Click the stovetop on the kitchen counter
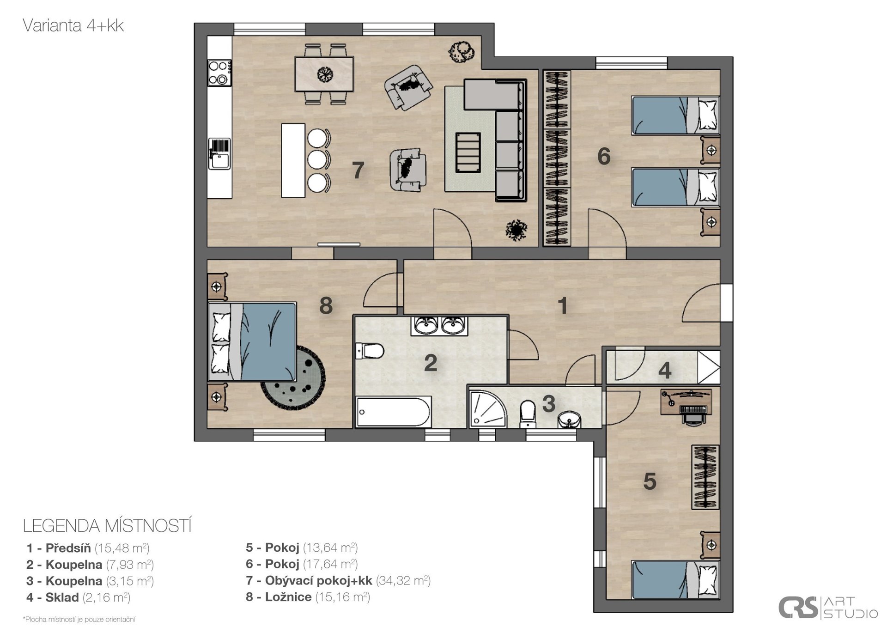pyautogui.click(x=219, y=73)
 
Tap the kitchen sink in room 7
pyautogui.click(x=219, y=154)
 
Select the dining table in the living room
pyautogui.click(x=324, y=74)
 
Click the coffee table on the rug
pyautogui.click(x=468, y=152)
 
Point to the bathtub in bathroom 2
pyautogui.click(x=394, y=411)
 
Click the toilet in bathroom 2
pyautogui.click(x=370, y=351)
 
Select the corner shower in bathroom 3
pyautogui.click(x=488, y=408)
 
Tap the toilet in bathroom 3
pyautogui.click(x=527, y=414)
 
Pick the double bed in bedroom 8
pyautogui.click(x=252, y=341)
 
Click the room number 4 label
pyautogui.click(x=665, y=370)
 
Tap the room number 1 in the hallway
pyautogui.click(x=562, y=305)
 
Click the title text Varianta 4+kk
pyautogui.click(x=73, y=25)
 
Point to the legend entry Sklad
pyautogui.click(x=78, y=597)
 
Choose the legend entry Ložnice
pyautogui.click(x=308, y=597)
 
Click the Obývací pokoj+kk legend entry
pyautogui.click(x=338, y=580)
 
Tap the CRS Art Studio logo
pyautogui.click(x=828, y=607)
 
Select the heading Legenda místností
pyautogui.click(x=107, y=526)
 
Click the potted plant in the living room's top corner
pyautogui.click(x=461, y=51)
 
